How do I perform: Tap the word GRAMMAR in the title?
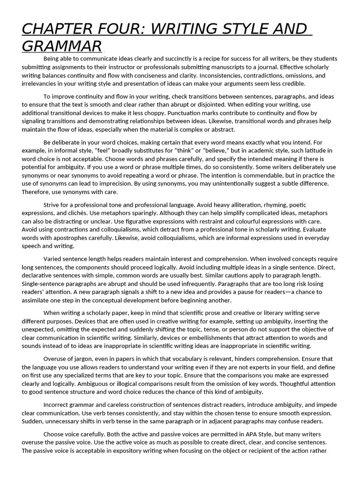[x=61, y=46]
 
